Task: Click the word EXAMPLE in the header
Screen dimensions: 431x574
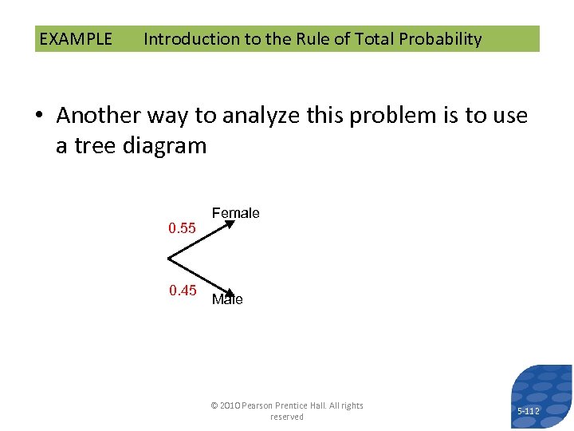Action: [76, 39]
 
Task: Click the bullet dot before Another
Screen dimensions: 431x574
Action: [41, 117]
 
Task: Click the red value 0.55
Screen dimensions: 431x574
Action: [182, 228]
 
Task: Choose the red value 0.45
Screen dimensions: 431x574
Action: [183, 290]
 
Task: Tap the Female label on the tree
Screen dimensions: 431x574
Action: [235, 213]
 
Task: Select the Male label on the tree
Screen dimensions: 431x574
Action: [227, 300]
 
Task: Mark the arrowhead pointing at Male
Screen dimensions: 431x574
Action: [229, 294]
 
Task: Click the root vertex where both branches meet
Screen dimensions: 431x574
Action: [169, 259]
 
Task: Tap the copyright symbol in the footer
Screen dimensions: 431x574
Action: [214, 405]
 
